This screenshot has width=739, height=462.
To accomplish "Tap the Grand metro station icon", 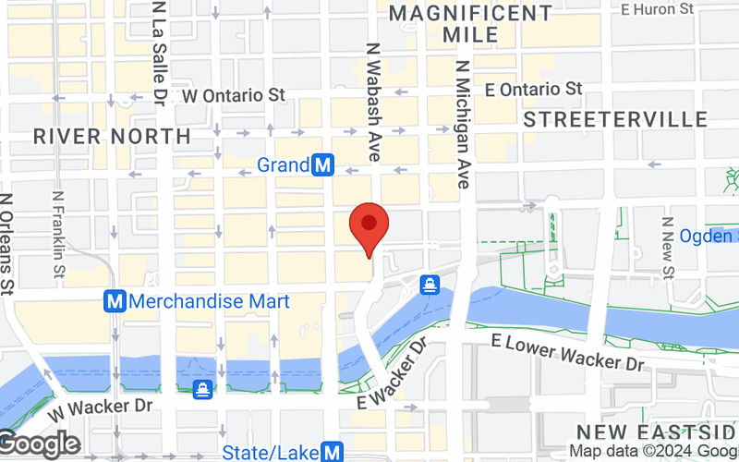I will [322, 165].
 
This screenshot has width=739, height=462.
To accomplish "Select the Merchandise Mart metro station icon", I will [115, 301].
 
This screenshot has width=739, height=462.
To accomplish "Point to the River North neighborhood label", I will [112, 137].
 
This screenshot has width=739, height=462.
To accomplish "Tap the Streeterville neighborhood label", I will [615, 119].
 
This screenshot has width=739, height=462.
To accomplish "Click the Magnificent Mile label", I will [470, 24].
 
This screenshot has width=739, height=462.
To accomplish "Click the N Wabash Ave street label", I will [373, 102].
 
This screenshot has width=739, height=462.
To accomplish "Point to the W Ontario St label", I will [233, 95].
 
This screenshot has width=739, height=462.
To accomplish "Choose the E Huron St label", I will [657, 9].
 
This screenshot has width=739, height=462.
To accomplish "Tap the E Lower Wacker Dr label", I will [567, 352].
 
